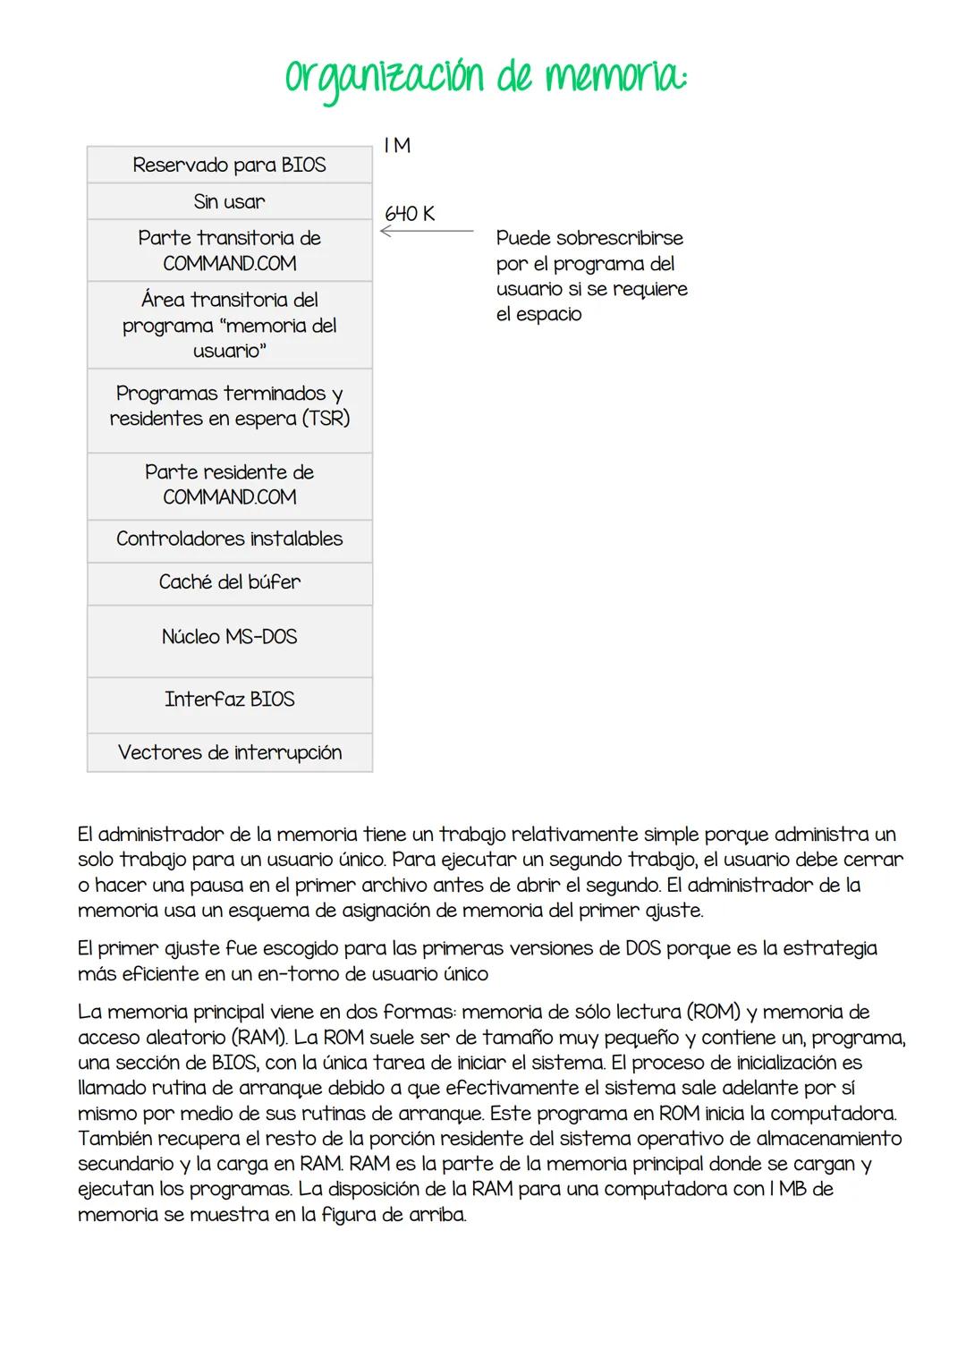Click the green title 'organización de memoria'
[486, 79]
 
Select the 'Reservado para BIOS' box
[230, 165]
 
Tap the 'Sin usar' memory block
[230, 201]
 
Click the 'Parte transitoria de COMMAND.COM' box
[230, 250]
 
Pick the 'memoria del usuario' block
[230, 325]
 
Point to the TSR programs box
[230, 406]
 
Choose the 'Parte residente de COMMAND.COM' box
[230, 485]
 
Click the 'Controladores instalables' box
[230, 539]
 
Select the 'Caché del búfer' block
[230, 582]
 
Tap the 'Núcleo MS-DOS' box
[230, 638]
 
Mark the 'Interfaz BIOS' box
[230, 700]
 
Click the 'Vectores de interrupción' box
[230, 752]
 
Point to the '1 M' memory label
[397, 146]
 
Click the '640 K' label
[410, 214]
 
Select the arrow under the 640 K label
[426, 232]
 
